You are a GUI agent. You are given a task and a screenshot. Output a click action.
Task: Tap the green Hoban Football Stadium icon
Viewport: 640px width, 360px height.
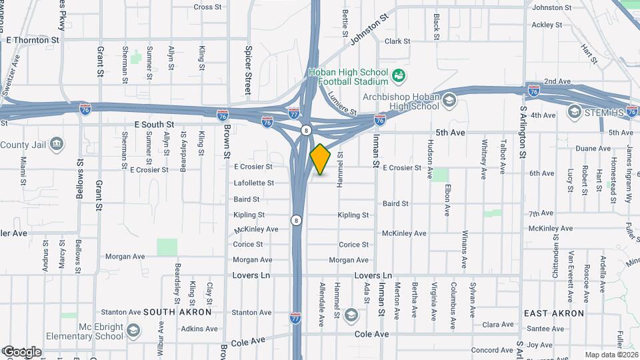(399, 76)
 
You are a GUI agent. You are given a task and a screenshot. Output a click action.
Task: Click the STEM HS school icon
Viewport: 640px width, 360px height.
(574, 111)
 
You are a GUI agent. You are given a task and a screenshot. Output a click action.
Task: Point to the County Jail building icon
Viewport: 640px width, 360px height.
(57, 144)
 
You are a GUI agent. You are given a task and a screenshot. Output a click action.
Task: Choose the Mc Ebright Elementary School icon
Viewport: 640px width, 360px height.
(133, 331)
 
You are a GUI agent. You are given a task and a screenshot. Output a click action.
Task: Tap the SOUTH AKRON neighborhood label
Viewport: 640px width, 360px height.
(177, 312)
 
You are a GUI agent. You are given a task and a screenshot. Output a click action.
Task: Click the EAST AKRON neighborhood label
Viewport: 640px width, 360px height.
(554, 313)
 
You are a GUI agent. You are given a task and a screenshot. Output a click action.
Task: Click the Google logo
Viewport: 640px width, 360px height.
(21, 351)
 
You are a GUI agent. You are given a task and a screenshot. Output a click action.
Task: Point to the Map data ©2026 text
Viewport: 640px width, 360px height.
(612, 355)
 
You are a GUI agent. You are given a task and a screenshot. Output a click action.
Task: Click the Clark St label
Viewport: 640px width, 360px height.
(397, 41)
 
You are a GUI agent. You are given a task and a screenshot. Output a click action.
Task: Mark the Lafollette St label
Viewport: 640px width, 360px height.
(253, 183)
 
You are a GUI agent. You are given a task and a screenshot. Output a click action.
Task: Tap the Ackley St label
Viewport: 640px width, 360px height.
(547, 25)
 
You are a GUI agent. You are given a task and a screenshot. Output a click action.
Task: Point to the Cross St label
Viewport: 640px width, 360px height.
(207, 7)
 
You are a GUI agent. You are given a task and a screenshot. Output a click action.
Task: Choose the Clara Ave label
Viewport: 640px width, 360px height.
(497, 325)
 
